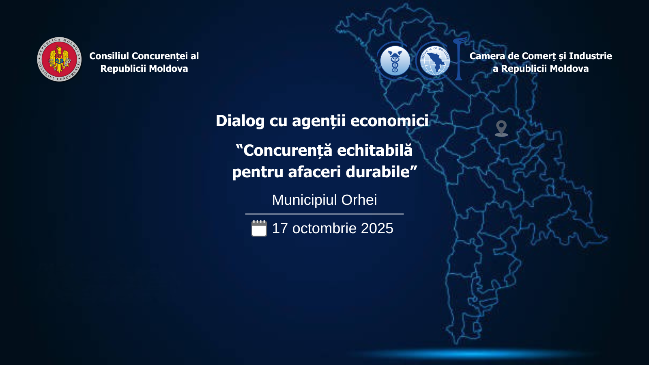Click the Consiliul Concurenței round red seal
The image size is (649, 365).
[59, 59]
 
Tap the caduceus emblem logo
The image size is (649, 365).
[395, 61]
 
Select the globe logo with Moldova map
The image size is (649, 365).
[434, 61]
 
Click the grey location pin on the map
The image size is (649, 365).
[501, 128]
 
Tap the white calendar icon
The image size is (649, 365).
[259, 228]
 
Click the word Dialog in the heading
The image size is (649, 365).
[240, 121]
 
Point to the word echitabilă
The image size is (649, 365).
[375, 150]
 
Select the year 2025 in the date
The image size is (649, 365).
[377, 228]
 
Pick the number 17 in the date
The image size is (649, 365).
[280, 228]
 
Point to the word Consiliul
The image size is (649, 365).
[109, 56]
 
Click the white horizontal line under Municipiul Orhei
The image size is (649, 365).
[324, 214]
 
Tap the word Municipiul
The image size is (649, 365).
[305, 200]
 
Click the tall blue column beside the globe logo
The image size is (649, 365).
[458, 59]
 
